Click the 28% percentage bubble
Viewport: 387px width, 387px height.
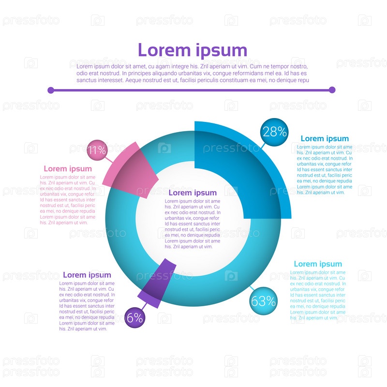[x=274, y=132]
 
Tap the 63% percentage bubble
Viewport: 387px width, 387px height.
[x=263, y=301]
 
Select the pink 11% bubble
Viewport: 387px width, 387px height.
[x=96, y=150]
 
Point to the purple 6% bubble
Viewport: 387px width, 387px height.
[x=134, y=317]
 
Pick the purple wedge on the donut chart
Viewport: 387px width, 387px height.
[x=157, y=283]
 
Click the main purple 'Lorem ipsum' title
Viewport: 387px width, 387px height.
[x=193, y=50]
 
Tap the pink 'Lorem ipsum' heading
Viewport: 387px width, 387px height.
[x=68, y=169]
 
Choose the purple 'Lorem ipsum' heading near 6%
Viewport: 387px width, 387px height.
[x=87, y=275]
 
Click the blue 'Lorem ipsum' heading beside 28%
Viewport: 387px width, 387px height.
[x=325, y=139]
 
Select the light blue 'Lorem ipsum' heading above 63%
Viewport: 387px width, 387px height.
[x=318, y=264]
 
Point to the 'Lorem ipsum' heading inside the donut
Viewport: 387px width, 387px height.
[x=193, y=193]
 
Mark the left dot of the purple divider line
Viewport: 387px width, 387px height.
[x=50, y=90]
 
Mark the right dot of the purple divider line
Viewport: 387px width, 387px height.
[x=332, y=90]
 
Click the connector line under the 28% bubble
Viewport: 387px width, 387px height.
[x=264, y=145]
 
